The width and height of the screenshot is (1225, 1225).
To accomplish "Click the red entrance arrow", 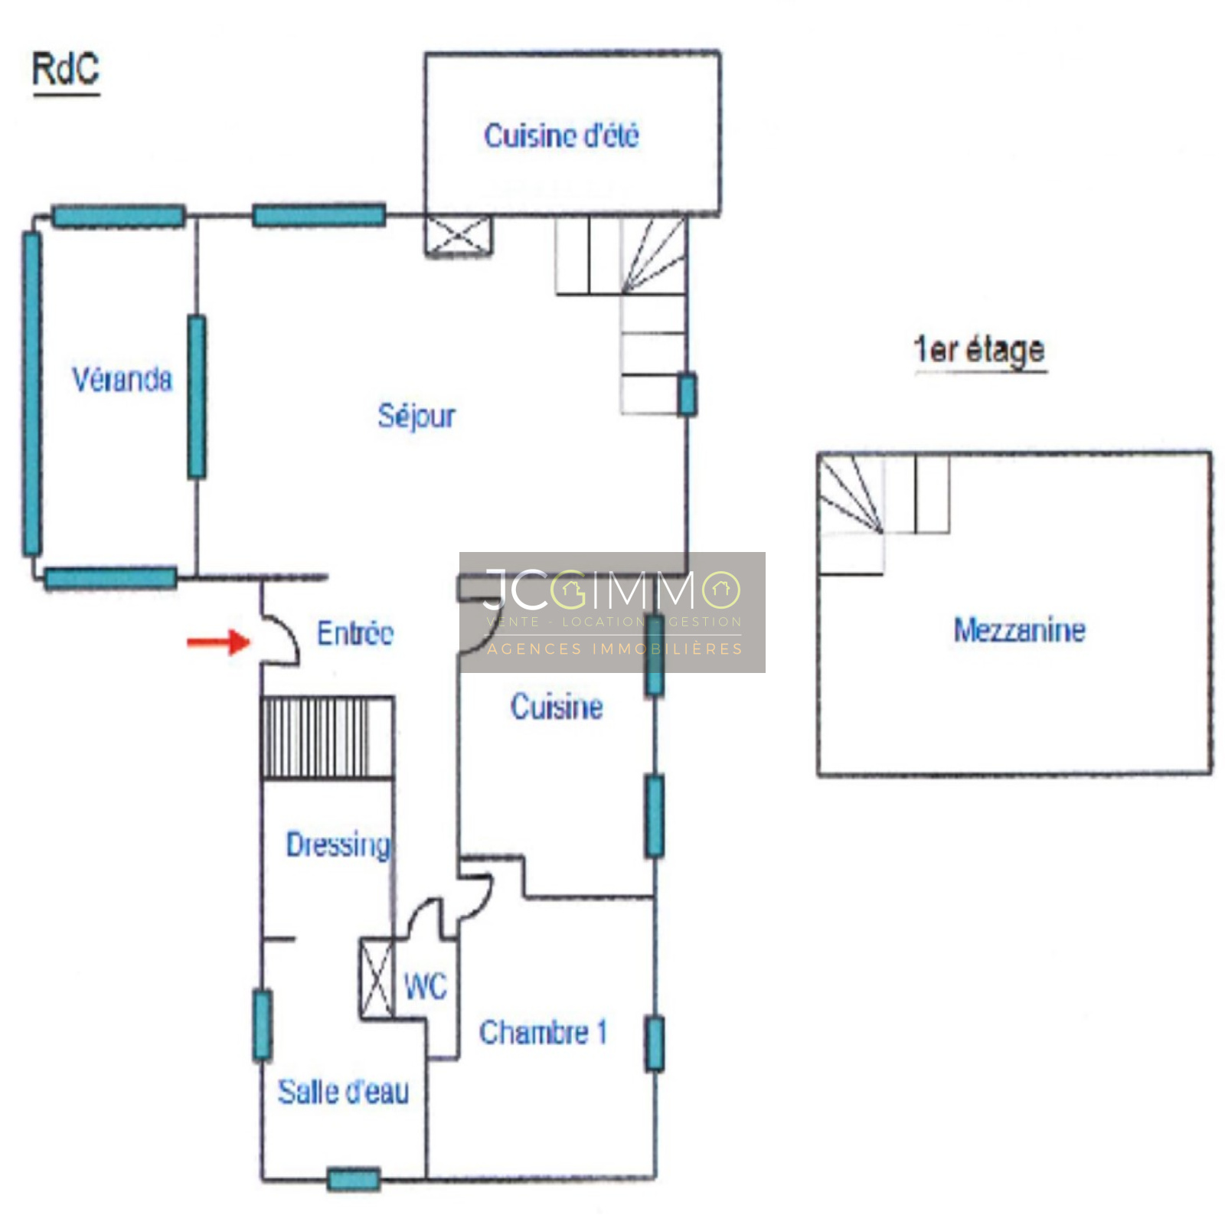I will click(219, 642).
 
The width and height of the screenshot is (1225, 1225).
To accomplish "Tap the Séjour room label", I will click(416, 416).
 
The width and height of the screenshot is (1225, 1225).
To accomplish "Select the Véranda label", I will click(122, 379).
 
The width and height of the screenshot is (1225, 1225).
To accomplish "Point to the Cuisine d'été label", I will click(561, 136).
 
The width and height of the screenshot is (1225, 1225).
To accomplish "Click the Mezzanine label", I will click(1019, 630).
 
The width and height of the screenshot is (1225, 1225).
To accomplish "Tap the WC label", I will click(425, 986).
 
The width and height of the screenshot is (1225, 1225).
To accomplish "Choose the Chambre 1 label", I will click(543, 1032).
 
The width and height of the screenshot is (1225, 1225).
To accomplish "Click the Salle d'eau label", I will click(343, 1092).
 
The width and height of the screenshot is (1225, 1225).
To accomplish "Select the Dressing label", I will click(338, 845).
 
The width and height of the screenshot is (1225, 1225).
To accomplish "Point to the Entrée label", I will click(355, 633).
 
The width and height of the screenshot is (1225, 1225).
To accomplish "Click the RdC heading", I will click(66, 70).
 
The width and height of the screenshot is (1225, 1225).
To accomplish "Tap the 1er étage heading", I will click(980, 350).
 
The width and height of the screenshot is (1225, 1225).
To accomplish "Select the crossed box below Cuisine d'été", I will click(459, 235).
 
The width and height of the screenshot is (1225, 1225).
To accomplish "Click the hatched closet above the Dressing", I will click(328, 737).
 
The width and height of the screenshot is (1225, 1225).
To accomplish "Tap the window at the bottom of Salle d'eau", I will click(354, 1179).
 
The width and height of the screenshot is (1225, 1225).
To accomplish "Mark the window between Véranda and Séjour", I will click(197, 397).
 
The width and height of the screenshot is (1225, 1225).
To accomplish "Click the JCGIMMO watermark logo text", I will click(612, 590).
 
